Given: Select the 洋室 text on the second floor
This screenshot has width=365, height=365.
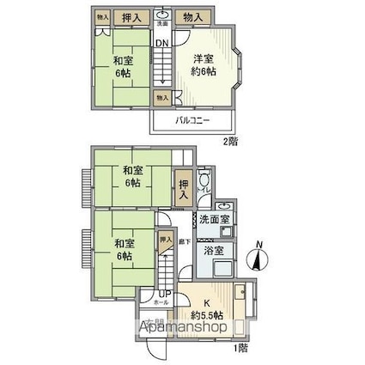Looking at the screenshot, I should point(203,58).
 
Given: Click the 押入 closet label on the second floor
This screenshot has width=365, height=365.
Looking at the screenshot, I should point(130,16).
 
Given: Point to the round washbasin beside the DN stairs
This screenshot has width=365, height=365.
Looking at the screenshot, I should point(163,15).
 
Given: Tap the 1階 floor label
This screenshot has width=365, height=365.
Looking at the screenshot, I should point(241,348).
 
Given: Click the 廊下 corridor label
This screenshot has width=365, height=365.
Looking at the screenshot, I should point(184,243).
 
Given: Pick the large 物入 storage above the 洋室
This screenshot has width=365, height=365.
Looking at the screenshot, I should point(193,16).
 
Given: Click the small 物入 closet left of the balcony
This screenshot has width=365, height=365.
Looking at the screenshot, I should point(161,99).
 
